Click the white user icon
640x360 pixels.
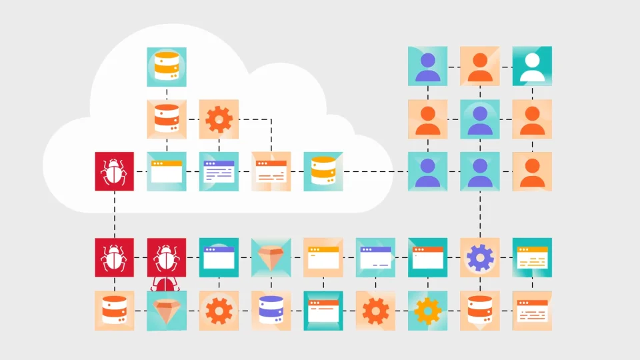(532, 67)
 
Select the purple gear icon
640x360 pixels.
(480, 257)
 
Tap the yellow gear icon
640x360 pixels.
(428, 310)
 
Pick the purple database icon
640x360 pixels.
(272, 310)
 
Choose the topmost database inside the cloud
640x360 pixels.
(167, 67)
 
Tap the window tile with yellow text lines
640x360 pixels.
(532, 257)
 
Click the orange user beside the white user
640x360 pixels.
(480, 67)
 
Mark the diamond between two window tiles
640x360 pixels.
(272, 257)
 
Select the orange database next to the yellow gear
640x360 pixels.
(480, 310)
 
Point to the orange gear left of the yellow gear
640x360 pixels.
(376, 310)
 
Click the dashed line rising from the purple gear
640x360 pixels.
(480, 213)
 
